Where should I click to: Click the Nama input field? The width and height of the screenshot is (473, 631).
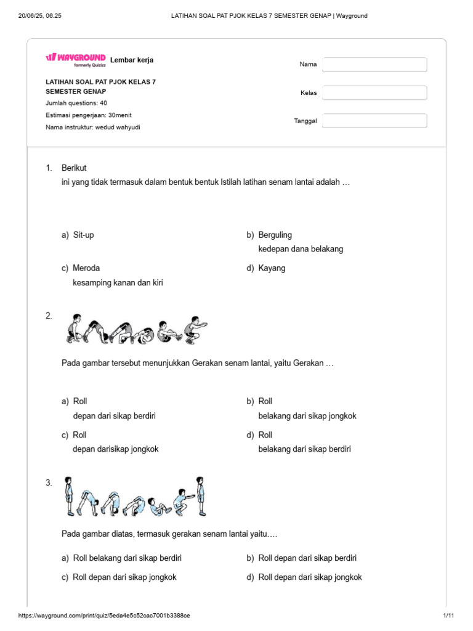click(x=374, y=65)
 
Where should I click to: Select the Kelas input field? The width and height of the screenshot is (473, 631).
click(x=374, y=93)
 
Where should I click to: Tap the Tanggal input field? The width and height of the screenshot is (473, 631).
click(x=374, y=121)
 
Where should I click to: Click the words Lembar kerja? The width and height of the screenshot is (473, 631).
click(x=132, y=60)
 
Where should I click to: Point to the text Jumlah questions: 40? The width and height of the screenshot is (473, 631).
click(x=76, y=103)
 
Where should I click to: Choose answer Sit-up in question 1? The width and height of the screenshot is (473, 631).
click(x=83, y=235)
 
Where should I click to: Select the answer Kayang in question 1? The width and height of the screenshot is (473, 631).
click(x=272, y=268)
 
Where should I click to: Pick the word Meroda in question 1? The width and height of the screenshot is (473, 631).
click(x=86, y=268)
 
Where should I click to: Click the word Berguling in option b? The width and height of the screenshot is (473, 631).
click(x=275, y=235)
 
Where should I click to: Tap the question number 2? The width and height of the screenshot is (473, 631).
click(x=49, y=315)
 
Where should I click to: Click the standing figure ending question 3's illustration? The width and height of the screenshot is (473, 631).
click(x=200, y=495)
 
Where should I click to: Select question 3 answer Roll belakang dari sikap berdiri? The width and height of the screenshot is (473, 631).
click(x=127, y=558)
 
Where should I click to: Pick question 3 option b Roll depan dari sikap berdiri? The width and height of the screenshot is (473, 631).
click(x=307, y=558)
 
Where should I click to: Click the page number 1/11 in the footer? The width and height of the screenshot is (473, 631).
click(x=448, y=616)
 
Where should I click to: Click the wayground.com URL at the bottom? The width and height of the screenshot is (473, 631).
click(x=104, y=616)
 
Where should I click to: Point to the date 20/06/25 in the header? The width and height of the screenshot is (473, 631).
click(x=33, y=16)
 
